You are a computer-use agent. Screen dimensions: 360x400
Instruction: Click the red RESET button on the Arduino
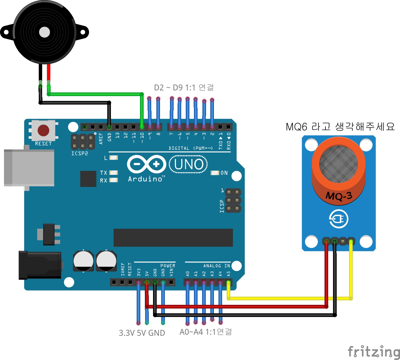click(43, 130)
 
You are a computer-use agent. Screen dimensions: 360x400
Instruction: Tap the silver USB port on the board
click(29, 168)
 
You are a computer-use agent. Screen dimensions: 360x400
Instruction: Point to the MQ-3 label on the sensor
click(339, 196)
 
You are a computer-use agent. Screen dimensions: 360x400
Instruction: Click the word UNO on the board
click(189, 164)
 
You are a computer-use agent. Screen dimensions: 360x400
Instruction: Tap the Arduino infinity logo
click(147, 164)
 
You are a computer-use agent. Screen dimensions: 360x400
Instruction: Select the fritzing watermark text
click(374, 352)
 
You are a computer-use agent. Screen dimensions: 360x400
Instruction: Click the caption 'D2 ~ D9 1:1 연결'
click(184, 88)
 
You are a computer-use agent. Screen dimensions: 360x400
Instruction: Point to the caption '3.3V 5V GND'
click(142, 333)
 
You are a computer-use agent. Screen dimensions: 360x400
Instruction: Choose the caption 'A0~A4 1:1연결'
click(206, 332)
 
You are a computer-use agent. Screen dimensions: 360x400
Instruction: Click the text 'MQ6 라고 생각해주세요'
click(340, 127)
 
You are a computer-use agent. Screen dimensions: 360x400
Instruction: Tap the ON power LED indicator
click(215, 173)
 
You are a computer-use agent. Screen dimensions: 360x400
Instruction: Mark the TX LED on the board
click(113, 173)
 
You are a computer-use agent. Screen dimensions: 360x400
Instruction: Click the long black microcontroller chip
click(173, 238)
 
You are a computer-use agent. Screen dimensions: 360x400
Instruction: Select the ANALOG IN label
click(216, 266)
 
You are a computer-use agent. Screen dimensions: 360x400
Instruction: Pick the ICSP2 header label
click(79, 153)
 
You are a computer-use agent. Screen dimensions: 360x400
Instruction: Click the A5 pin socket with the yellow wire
click(228, 283)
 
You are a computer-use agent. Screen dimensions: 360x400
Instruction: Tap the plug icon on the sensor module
click(338, 219)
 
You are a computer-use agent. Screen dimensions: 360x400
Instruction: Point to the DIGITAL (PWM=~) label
click(191, 148)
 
